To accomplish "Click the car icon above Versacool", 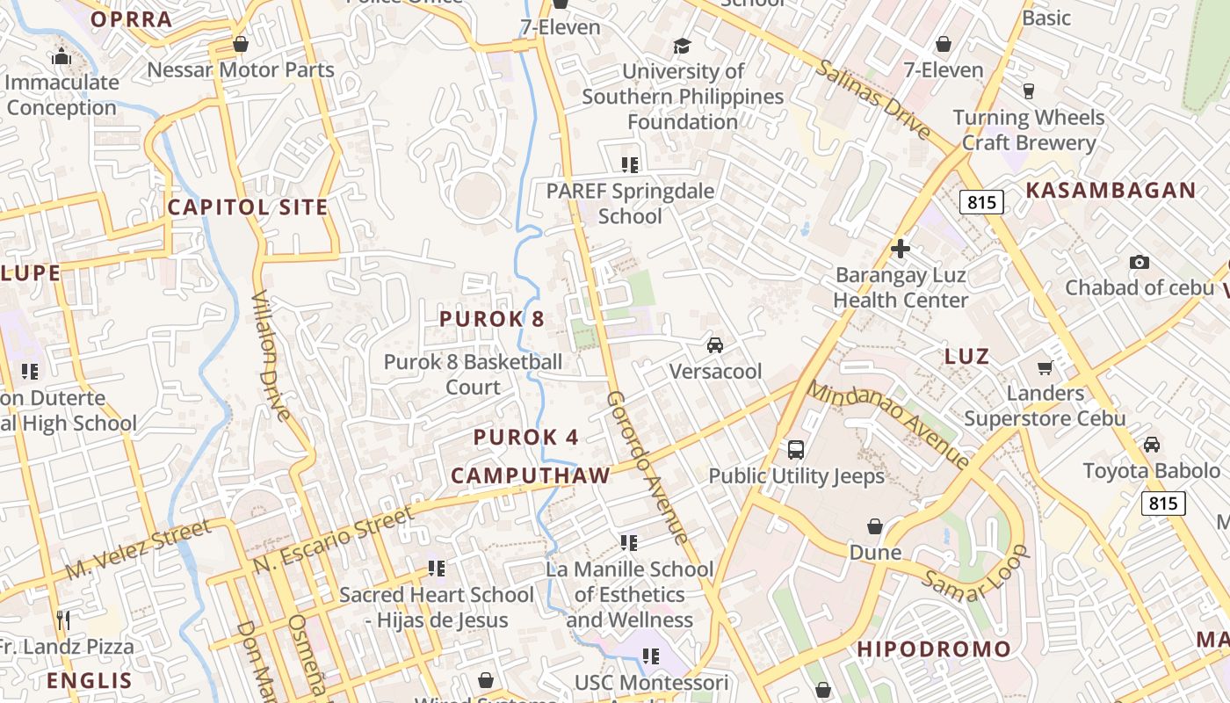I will click(715, 344).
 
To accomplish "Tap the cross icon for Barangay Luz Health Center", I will click(900, 249).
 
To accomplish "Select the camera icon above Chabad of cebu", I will click(1139, 262).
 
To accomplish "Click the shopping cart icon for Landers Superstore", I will click(1045, 367).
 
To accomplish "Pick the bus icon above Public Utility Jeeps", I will click(796, 450).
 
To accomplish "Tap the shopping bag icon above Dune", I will click(875, 526).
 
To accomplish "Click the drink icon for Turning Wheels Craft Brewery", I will click(1029, 91).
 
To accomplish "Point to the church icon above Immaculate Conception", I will click(61, 57).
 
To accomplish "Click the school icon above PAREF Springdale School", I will click(629, 164).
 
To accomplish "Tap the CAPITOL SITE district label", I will click(248, 207).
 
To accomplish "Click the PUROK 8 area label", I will click(492, 319).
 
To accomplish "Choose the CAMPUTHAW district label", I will click(530, 475).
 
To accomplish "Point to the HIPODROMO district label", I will click(934, 649).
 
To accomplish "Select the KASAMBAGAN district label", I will click(1111, 190).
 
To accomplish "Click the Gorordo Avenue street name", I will click(647, 467).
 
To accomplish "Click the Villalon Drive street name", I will click(271, 356).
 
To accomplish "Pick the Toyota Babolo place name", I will click(1151, 470).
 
